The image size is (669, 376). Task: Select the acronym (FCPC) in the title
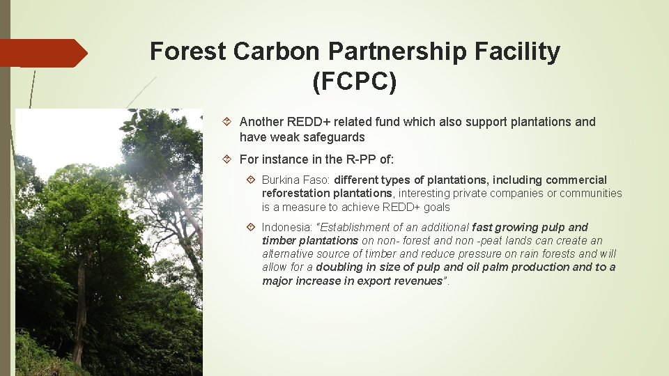(x=355, y=82)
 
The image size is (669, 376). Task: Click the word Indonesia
(x=286, y=227)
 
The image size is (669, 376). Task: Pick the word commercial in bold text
(x=576, y=180)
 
